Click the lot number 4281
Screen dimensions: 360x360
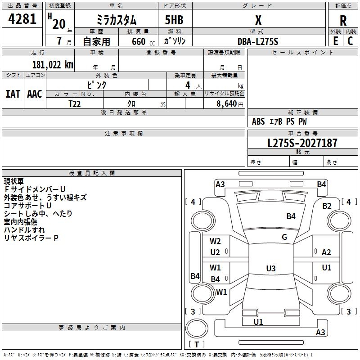pos(22,19)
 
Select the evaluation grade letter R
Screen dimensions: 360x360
pos(343,21)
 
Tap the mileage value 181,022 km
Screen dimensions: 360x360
pos(53,64)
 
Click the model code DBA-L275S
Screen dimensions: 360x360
pos(258,41)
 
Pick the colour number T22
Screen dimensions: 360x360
pos(75,103)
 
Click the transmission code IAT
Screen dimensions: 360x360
pos(13,94)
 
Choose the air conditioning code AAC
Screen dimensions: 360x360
pos(34,94)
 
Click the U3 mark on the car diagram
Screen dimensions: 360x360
pos(270,269)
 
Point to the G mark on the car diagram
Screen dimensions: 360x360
pos(284,237)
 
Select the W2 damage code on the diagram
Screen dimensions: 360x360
pos(216,241)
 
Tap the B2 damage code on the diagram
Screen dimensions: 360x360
pos(327,206)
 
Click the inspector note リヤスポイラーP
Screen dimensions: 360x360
pos(31,238)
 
